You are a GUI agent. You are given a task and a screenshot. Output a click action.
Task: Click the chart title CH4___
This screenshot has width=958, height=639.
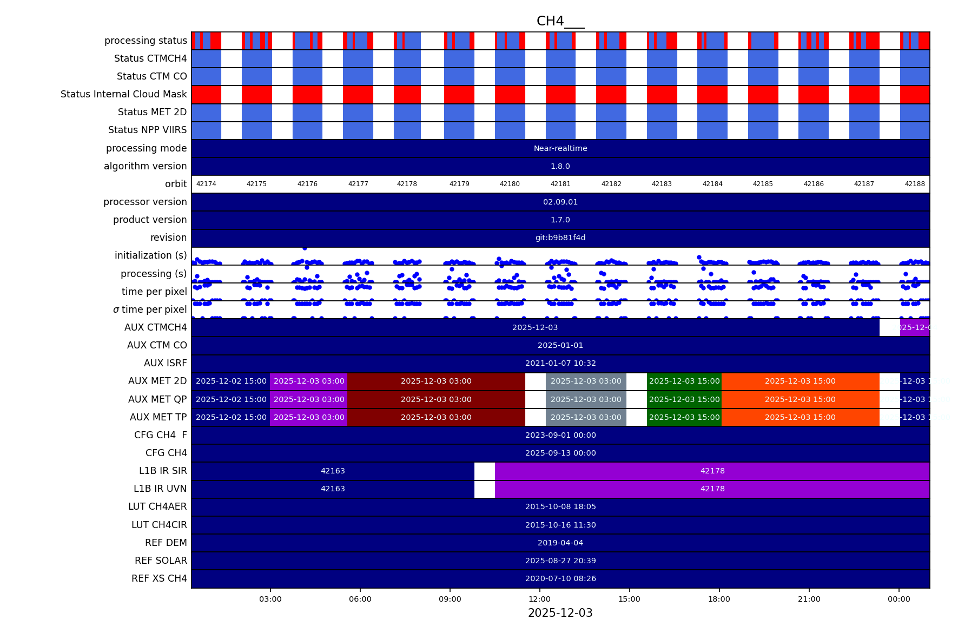[560, 21]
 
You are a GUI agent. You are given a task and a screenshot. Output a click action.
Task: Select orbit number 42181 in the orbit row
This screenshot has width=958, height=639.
[560, 184]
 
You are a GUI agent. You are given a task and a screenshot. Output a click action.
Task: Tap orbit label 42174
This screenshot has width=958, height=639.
[206, 184]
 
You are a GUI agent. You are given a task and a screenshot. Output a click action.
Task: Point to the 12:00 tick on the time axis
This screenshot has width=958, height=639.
[539, 599]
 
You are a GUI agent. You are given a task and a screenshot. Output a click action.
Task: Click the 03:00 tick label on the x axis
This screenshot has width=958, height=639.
[270, 599]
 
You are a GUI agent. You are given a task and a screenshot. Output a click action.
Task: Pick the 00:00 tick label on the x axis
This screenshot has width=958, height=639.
[898, 599]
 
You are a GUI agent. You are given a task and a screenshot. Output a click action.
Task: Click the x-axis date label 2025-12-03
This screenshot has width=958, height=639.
[560, 613]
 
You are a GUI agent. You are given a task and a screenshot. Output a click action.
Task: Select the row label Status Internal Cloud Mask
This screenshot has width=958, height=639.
[124, 94]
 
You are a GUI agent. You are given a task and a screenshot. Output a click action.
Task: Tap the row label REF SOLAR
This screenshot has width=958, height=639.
[161, 561]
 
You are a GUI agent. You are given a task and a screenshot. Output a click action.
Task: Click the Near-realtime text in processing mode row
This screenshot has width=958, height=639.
[560, 148]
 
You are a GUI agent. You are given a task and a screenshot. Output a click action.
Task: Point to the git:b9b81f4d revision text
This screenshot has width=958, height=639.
[560, 238]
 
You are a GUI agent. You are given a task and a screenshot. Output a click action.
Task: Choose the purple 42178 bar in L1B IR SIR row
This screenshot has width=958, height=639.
[712, 471]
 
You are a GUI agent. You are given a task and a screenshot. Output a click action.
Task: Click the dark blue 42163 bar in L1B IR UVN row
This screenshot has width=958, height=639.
[333, 489]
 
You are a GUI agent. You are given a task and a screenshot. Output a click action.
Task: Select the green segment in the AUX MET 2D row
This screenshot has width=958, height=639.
[684, 381]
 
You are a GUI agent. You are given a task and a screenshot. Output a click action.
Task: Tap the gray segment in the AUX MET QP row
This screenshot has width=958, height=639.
[586, 399]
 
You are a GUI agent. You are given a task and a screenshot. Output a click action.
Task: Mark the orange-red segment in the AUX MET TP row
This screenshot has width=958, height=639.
[800, 417]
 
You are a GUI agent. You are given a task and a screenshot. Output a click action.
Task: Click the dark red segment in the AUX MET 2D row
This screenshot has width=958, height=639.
[436, 381]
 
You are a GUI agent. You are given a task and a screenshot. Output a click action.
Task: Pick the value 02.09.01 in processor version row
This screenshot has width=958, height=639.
[560, 202]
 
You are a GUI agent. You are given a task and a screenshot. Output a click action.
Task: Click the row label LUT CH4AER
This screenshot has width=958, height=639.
[157, 506]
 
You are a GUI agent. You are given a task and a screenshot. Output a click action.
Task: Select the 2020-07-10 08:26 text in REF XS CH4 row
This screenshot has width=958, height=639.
[560, 578]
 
